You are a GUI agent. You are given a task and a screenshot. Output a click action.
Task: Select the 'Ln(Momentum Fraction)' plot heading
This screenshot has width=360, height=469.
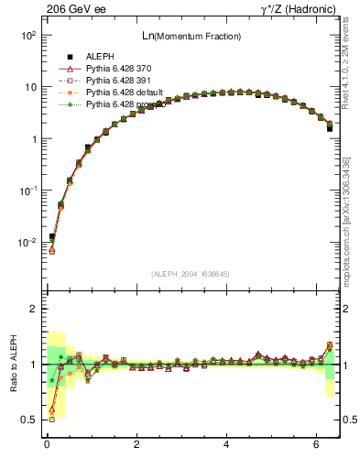tap(192, 36)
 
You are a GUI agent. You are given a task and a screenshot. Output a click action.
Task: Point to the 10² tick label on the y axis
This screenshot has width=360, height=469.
tap(28, 35)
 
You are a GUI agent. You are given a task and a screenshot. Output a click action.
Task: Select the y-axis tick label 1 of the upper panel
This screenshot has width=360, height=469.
tap(33, 139)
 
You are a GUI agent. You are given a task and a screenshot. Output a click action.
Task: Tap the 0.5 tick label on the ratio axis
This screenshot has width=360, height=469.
tap(28, 420)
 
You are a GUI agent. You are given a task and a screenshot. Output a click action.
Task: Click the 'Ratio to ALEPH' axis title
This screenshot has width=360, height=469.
tap(14, 364)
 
